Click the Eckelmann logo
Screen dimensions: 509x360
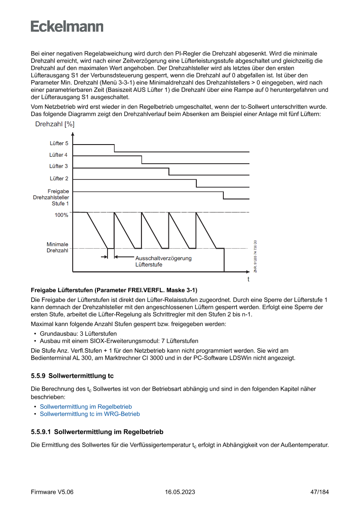tap(67, 26)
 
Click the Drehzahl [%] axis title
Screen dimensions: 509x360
tap(54, 124)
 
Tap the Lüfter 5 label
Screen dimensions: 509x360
tap(59, 143)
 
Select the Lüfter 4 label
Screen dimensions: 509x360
tap(59, 155)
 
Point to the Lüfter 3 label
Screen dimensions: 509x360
tap(59, 166)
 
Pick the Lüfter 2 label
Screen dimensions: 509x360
tap(59, 179)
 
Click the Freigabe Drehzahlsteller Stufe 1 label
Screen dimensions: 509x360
tap(51, 197)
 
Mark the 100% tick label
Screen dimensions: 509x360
tap(61, 215)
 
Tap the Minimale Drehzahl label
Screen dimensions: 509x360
tap(57, 248)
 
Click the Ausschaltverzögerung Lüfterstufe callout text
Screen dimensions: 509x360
tap(163, 261)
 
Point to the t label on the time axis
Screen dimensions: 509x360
tap(249, 279)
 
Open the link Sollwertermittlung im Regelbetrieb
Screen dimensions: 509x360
tap(86, 407)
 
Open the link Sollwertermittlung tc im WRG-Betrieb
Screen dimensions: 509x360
tap(90, 414)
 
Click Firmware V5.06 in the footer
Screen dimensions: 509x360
tap(52, 492)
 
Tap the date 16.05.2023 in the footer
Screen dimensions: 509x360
tap(180, 492)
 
